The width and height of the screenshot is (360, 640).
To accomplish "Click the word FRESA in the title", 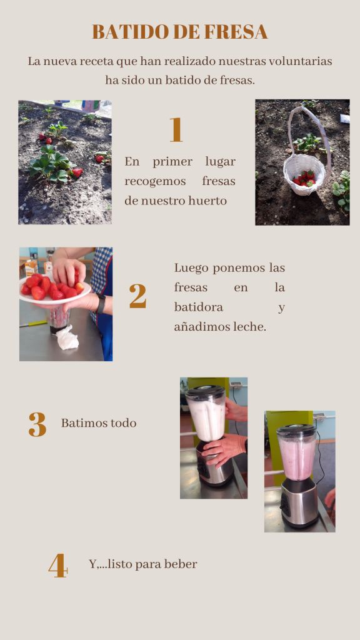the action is coord(236,31).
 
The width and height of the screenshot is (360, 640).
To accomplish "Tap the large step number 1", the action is coord(176,130).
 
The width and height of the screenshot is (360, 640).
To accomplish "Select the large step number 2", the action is coord(137,296).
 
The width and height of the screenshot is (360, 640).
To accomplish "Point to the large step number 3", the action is coord(37,424).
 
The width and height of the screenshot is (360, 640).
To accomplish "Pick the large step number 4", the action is coord(58,565).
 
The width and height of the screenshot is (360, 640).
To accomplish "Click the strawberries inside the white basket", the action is coord(304,178).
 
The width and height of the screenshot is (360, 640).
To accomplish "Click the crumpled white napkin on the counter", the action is coord(67,337).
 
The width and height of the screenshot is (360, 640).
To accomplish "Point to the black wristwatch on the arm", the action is coord(101,304).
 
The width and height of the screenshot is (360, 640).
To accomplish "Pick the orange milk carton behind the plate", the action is coord(31,267).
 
